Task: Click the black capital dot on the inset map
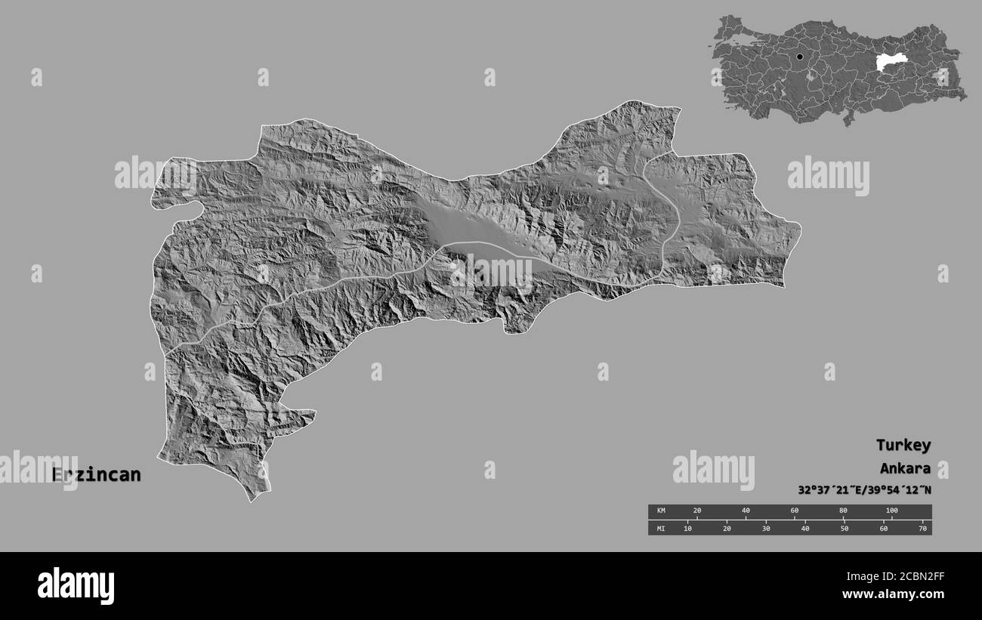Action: (x=799, y=57)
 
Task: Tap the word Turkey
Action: (x=903, y=445)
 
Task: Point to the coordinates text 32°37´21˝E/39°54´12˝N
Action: (x=864, y=489)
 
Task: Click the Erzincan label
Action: (x=96, y=475)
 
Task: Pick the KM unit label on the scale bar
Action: (x=661, y=511)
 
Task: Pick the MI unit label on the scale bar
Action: (x=661, y=529)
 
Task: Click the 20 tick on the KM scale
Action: (x=697, y=511)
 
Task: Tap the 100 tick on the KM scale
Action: (x=891, y=511)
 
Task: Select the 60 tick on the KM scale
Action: (x=795, y=511)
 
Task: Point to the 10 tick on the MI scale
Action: (x=687, y=529)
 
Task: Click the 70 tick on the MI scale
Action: (x=922, y=529)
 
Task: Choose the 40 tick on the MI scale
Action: (x=805, y=529)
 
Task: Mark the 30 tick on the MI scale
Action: (x=766, y=529)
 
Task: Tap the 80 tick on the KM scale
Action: (x=843, y=511)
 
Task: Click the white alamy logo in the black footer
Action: (x=76, y=585)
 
